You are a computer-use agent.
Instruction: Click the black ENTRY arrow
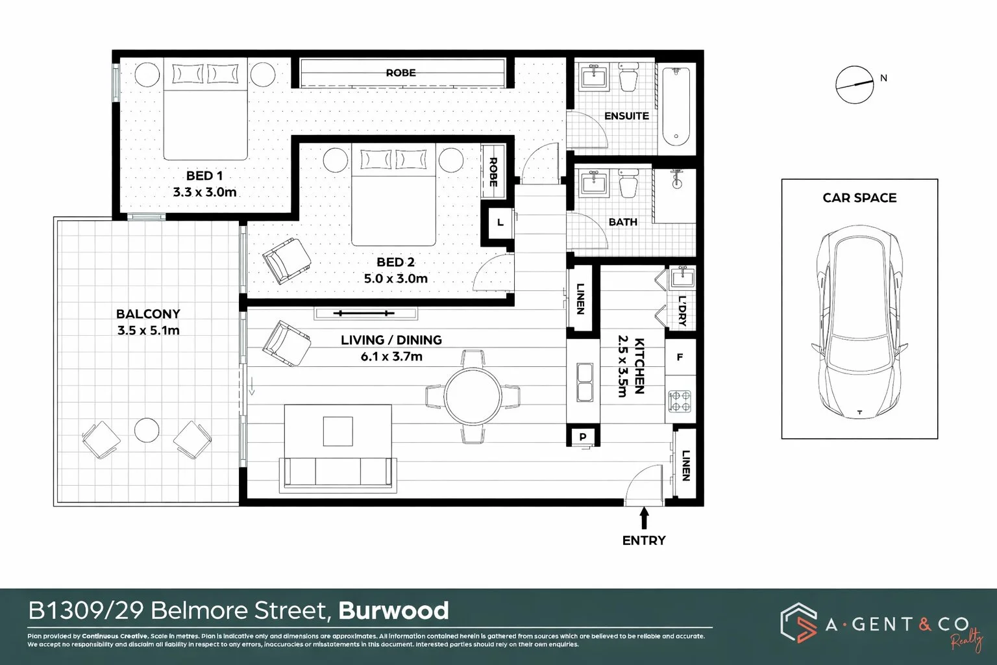click(x=644, y=518)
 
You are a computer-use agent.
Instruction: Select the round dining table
click(x=473, y=396)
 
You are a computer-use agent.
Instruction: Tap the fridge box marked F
click(x=680, y=358)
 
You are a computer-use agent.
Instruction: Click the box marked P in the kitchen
click(x=582, y=437)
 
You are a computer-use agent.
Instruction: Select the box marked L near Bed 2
click(x=499, y=223)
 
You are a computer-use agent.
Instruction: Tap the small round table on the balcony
click(x=147, y=430)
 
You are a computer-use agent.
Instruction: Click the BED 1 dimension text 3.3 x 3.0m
click(x=204, y=192)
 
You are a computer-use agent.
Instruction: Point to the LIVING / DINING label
click(x=391, y=340)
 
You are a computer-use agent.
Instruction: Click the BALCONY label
click(x=148, y=314)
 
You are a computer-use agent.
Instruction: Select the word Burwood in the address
click(x=394, y=611)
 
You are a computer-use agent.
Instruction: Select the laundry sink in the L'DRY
click(x=682, y=278)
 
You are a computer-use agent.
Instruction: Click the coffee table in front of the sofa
click(x=338, y=431)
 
